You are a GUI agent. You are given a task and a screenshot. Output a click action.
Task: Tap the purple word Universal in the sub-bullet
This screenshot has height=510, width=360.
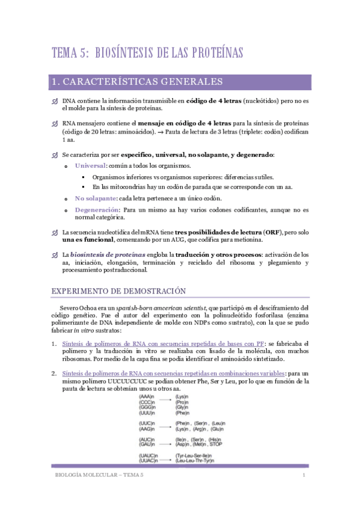[90, 165]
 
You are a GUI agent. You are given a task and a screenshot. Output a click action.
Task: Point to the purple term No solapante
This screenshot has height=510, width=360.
[94, 198]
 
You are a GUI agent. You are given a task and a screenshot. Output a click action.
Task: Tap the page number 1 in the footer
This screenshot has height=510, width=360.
[305, 475]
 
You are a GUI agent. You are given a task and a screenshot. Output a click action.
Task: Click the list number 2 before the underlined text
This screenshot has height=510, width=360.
[53, 373]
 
